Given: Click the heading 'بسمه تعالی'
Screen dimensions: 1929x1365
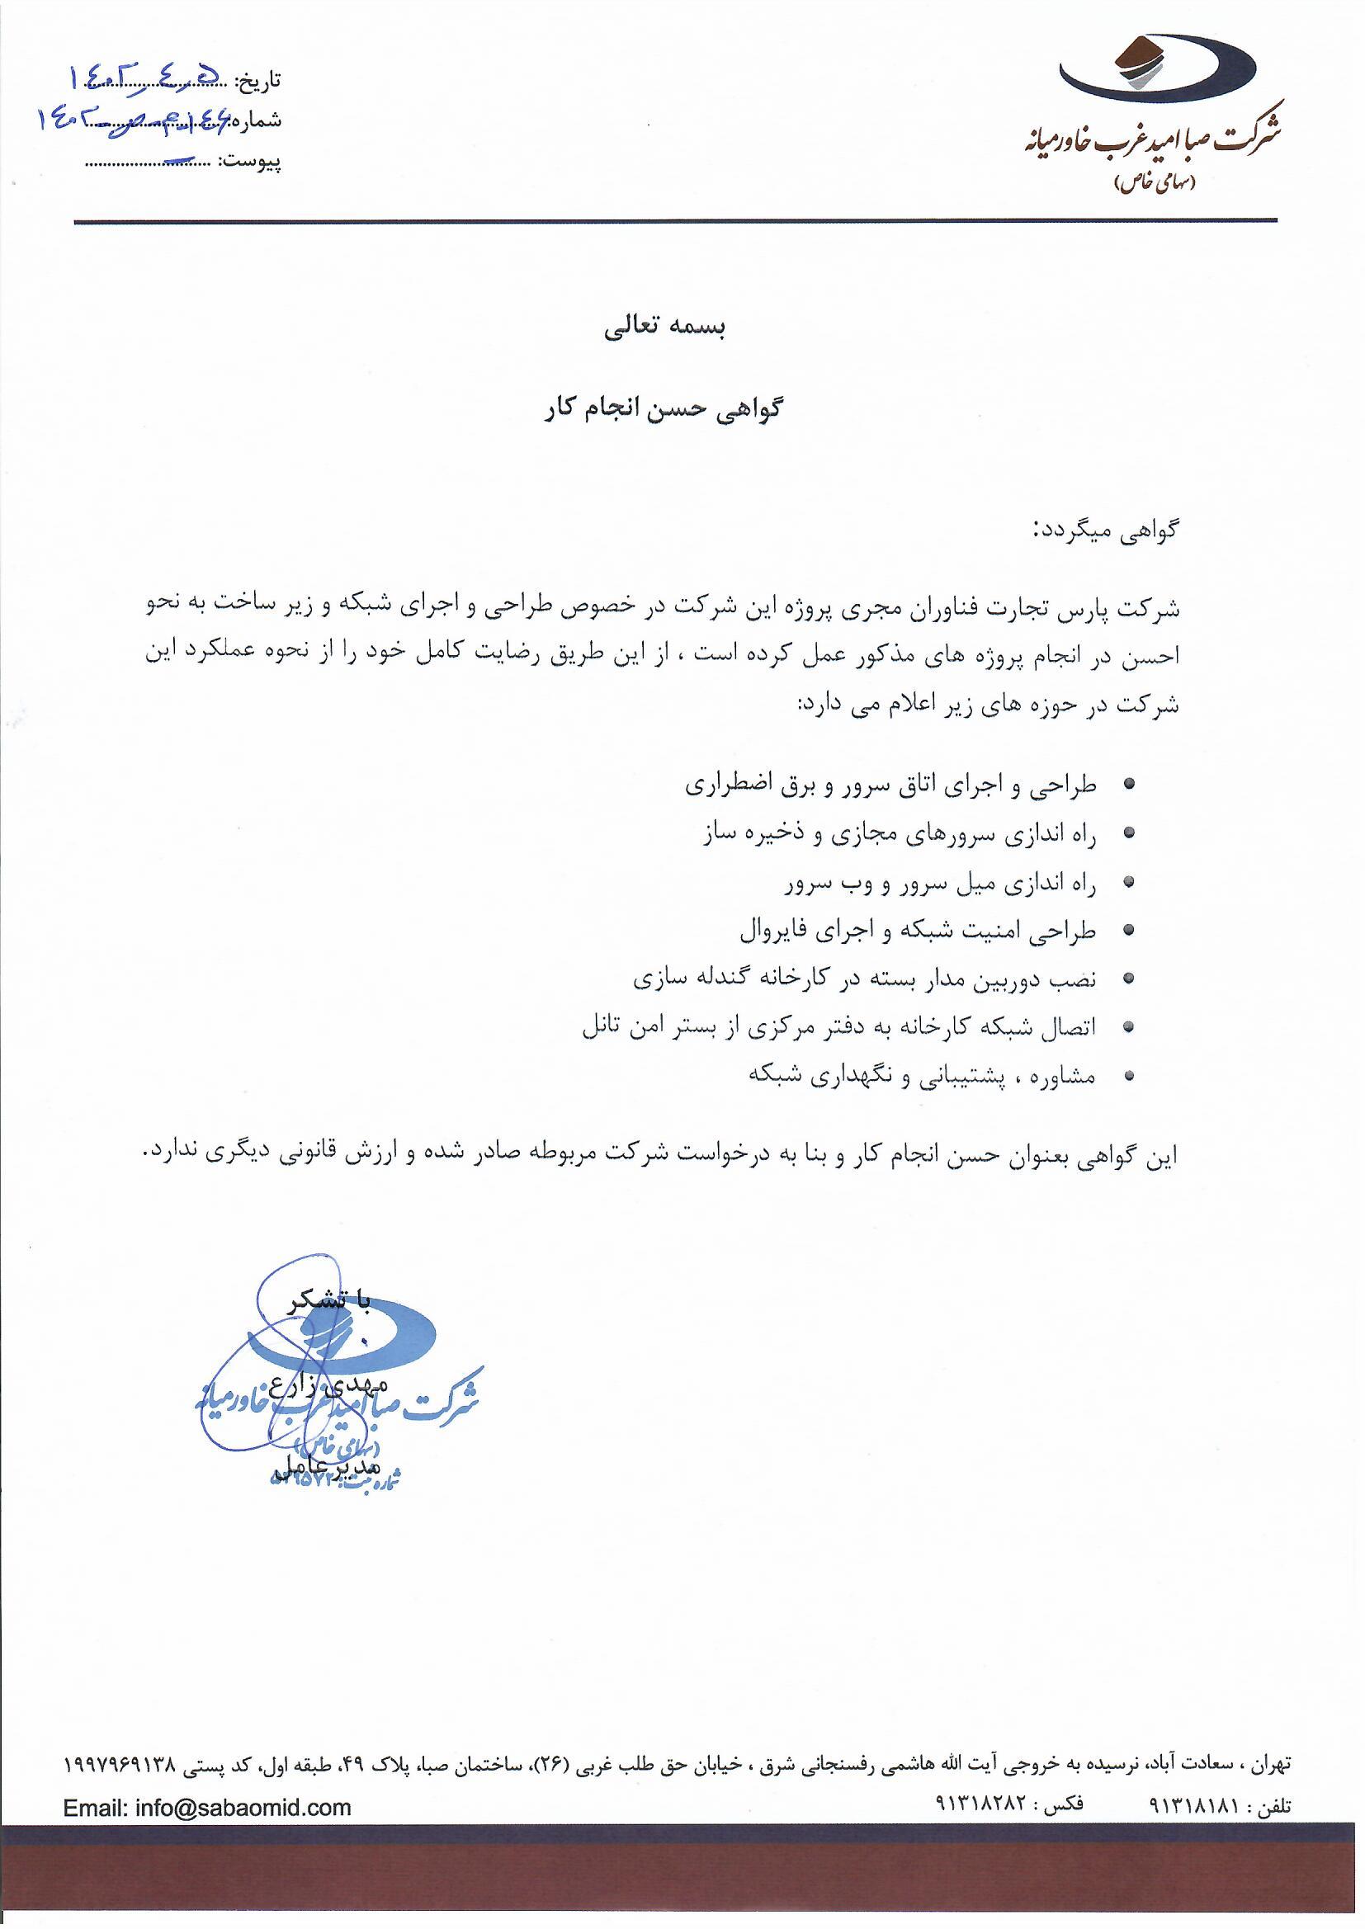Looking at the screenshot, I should point(664,327).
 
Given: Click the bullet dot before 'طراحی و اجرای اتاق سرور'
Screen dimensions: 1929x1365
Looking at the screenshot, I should point(1130,784).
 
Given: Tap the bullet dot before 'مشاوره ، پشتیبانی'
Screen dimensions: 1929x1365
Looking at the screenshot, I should point(1130,1075).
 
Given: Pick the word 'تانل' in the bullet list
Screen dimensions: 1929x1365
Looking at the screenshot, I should point(602,1027).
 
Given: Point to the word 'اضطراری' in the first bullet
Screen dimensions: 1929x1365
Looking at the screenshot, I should point(720,785).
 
